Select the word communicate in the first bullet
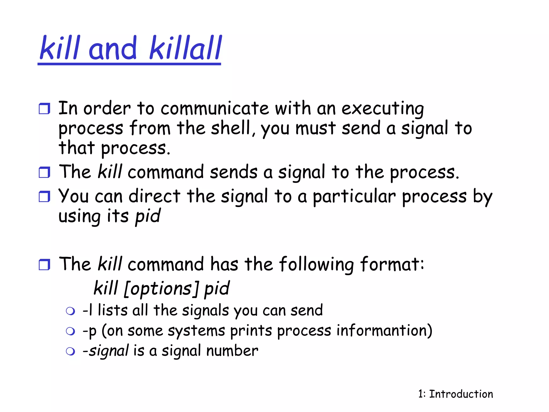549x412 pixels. (214, 109)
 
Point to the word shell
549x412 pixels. (231, 128)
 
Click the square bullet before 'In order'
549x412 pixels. (44, 109)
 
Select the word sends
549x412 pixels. (233, 172)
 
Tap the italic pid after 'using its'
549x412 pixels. (148, 216)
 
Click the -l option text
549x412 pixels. (87, 311)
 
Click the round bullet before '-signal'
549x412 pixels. (71, 351)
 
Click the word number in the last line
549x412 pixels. (232, 351)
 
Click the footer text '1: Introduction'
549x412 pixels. (455, 394)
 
